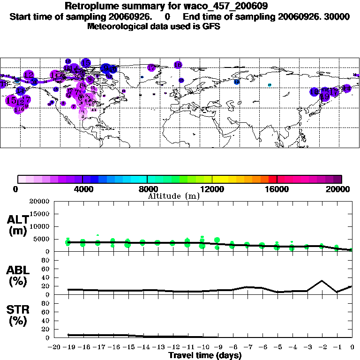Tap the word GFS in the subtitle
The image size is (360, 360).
coord(210,26)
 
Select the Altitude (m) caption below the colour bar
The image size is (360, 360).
coord(173,196)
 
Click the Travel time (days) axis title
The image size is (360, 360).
coord(205,356)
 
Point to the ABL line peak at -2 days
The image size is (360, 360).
coord(322,281)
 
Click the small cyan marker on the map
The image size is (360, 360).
coord(270,85)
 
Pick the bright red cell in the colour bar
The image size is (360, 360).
coord(272,179)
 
